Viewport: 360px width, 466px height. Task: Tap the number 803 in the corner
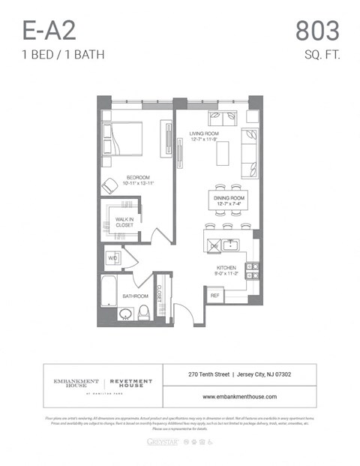pyautogui.click(x=317, y=31)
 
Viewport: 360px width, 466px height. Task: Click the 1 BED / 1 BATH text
pyautogui.click(x=62, y=54)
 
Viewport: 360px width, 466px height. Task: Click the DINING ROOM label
pyautogui.click(x=229, y=197)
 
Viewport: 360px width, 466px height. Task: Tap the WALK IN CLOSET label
pyautogui.click(x=124, y=222)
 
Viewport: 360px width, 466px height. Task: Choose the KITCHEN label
pyautogui.click(x=226, y=267)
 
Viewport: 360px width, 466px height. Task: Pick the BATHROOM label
pyautogui.click(x=136, y=296)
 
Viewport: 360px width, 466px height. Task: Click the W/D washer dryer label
pyautogui.click(x=112, y=257)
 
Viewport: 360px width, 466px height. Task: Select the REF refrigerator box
pyautogui.click(x=214, y=296)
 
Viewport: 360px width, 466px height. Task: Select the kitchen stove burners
pyautogui.click(x=253, y=270)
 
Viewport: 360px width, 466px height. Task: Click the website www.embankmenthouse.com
pyautogui.click(x=239, y=396)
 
